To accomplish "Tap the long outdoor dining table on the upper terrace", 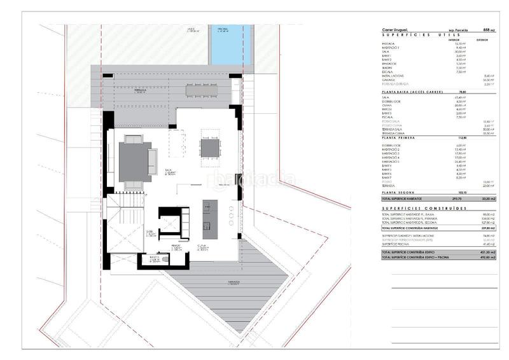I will pos(203,88).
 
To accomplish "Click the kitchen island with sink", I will pos(207,216).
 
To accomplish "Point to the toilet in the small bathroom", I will pos(164,260).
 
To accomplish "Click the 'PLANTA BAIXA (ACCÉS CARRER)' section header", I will pos(411,92).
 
